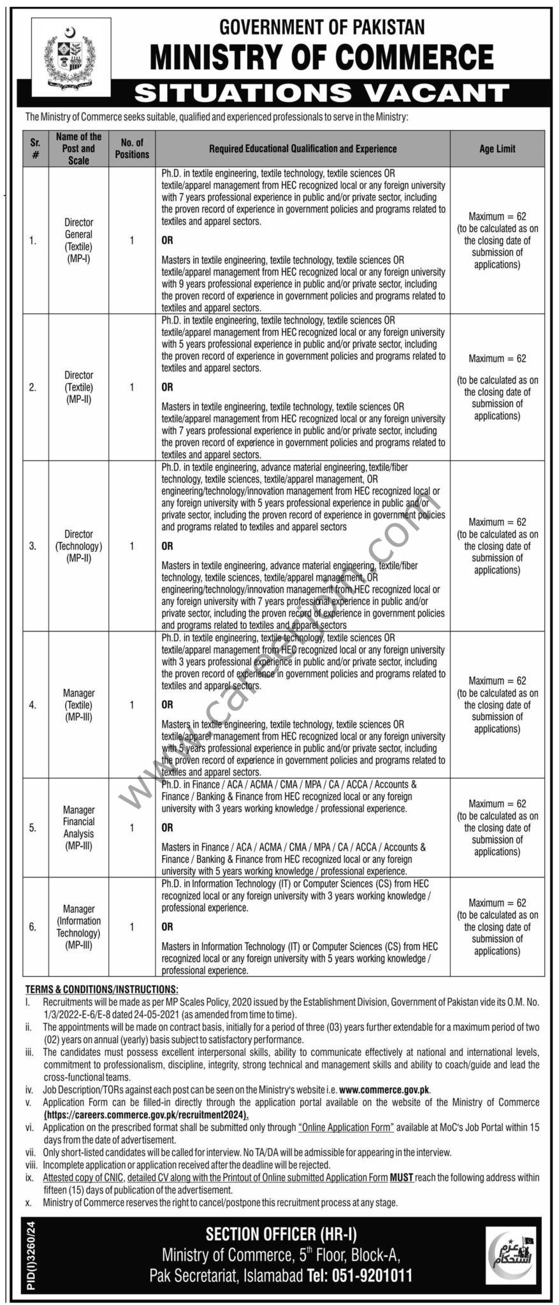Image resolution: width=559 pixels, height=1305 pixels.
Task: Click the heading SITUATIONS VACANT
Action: [322, 94]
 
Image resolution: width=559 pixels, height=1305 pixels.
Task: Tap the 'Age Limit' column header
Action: [497, 148]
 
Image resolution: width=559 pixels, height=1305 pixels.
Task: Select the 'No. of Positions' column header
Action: [132, 148]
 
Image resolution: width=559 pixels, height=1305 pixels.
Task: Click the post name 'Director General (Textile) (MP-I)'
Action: [78, 240]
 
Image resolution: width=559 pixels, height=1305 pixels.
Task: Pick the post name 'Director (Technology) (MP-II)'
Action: [78, 546]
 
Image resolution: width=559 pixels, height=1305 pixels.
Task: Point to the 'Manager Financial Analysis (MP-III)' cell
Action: [78, 828]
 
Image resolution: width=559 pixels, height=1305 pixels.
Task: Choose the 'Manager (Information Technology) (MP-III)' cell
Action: [78, 926]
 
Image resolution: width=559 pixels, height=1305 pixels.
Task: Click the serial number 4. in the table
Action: [33, 705]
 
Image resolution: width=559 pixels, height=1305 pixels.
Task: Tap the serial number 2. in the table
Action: [33, 387]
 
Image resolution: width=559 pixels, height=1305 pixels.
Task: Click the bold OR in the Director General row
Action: [167, 240]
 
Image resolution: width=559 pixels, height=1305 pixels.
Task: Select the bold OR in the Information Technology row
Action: [167, 926]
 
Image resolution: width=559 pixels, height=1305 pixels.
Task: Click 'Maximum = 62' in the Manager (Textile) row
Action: [497, 681]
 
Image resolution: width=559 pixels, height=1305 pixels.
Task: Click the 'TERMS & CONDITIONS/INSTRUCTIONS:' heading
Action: [102, 989]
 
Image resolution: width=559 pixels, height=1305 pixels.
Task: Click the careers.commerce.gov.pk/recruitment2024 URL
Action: [147, 1115]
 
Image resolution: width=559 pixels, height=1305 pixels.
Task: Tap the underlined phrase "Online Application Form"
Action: [346, 1127]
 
